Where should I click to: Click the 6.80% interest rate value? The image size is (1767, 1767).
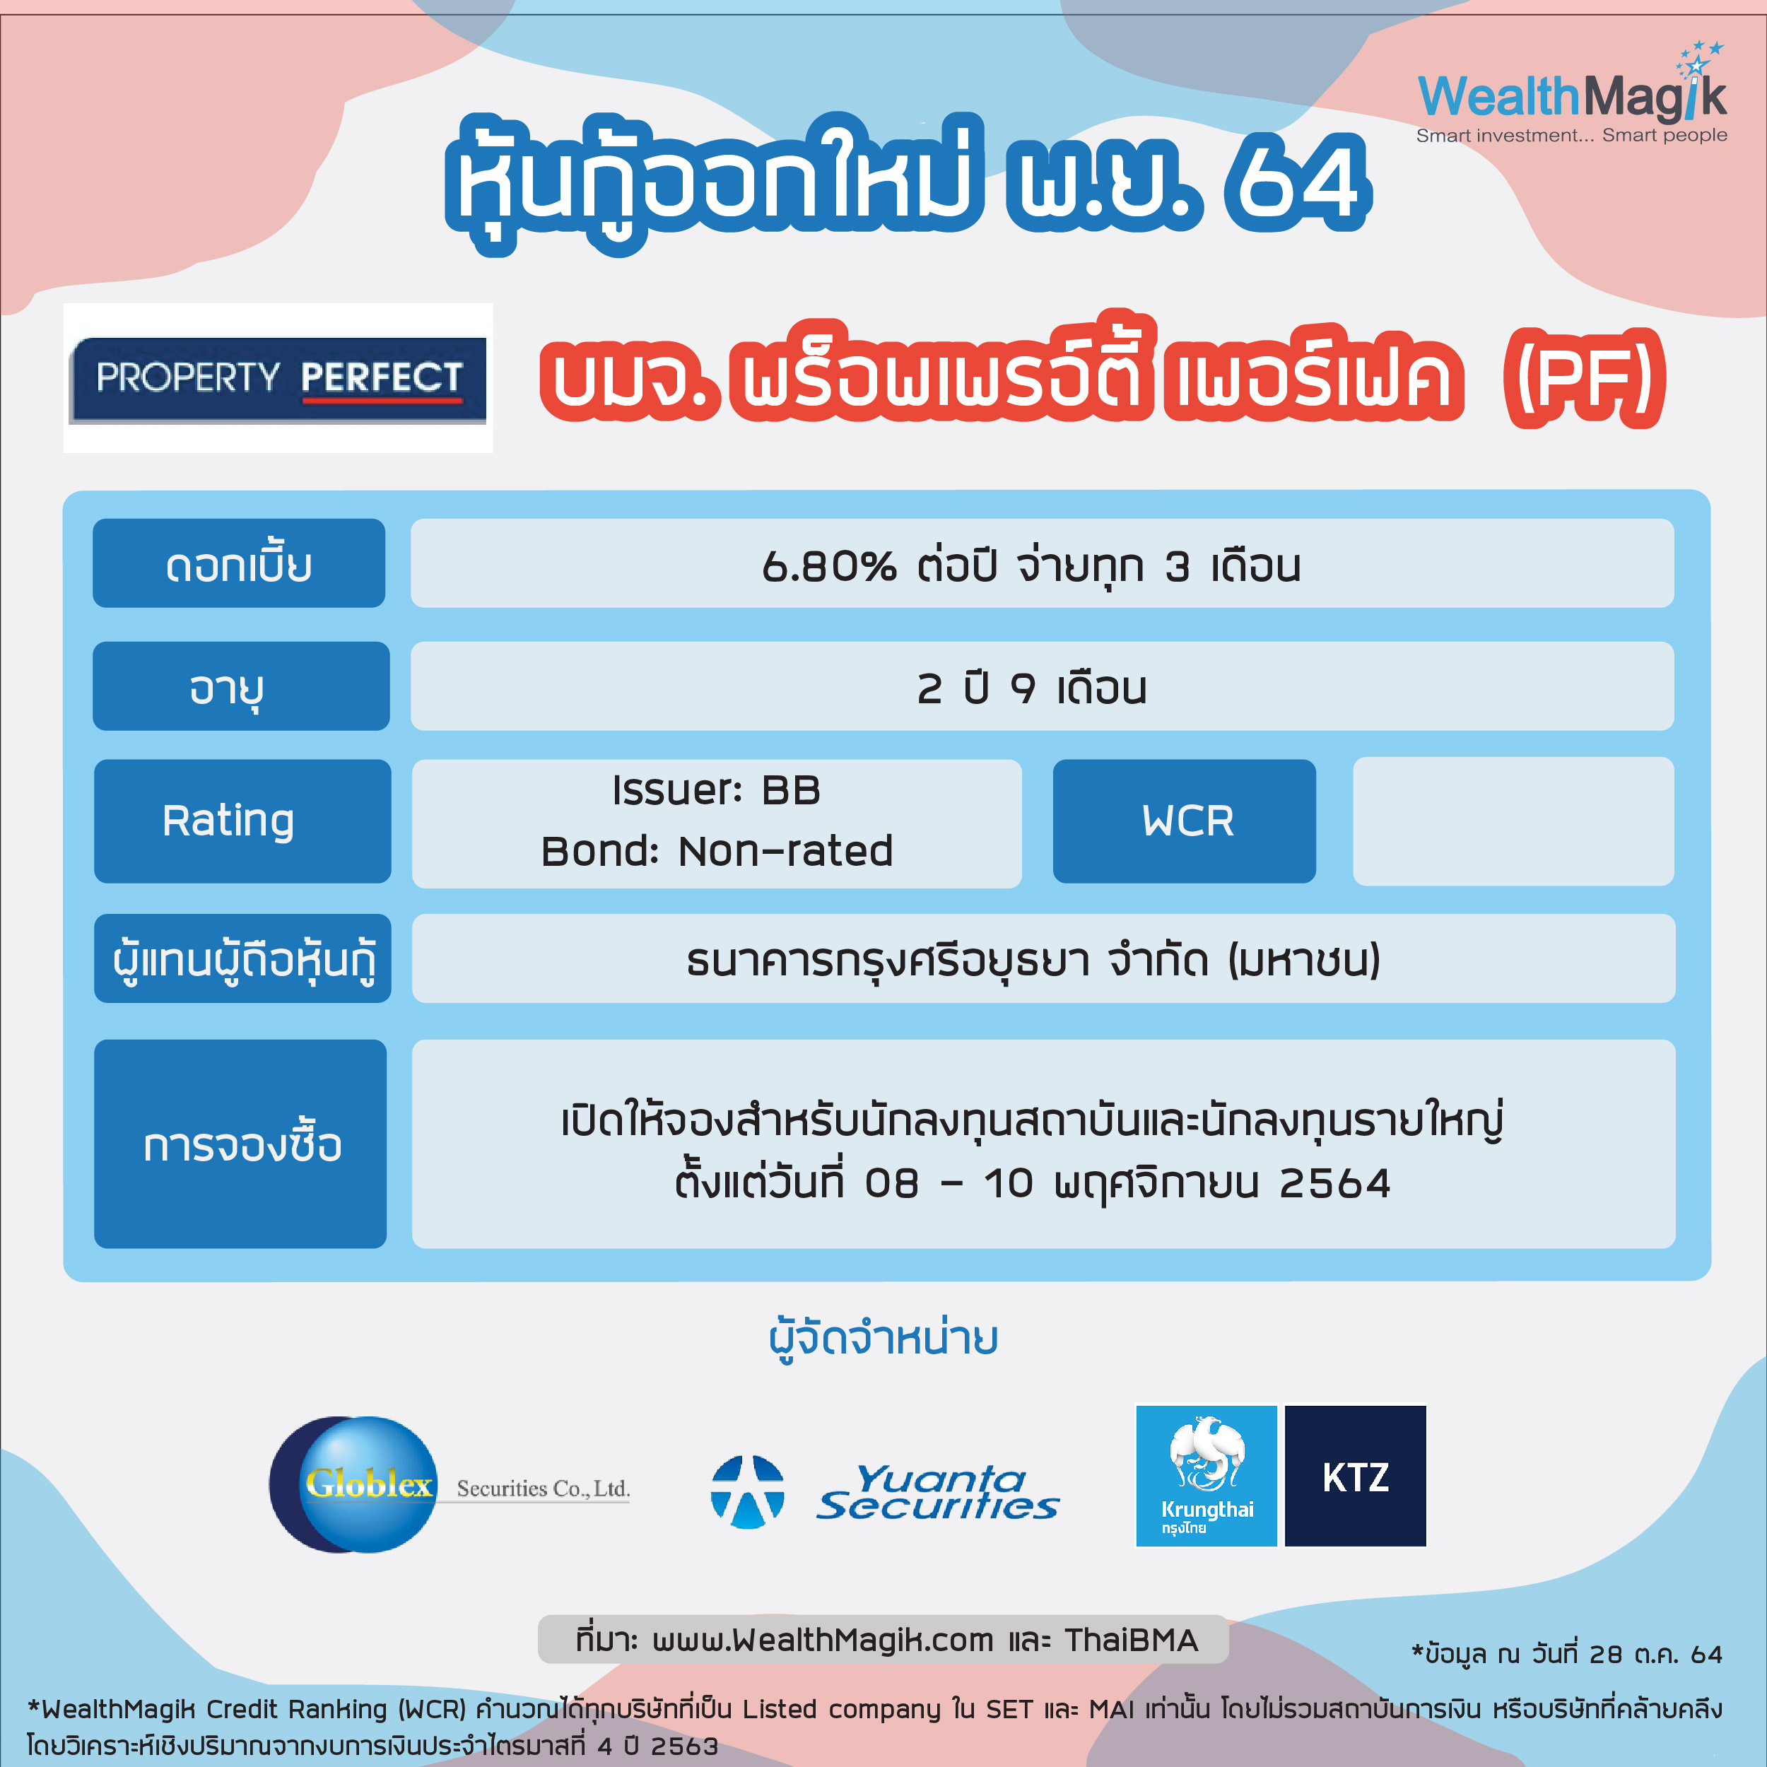point(828,566)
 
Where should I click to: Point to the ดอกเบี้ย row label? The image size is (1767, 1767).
point(239,563)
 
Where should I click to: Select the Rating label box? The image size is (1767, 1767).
point(242,821)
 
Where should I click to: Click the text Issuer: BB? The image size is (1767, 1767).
point(716,790)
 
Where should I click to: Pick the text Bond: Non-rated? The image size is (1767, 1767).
point(717,850)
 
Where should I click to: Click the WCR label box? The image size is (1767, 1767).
point(1185,821)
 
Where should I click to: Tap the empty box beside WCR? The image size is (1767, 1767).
point(1513,821)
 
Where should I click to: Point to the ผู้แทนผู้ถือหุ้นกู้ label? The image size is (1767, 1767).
point(242,958)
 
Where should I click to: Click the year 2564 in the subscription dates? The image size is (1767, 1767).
point(1334,1183)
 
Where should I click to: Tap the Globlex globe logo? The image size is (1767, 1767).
point(357,1484)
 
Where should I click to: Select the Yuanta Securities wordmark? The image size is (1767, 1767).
point(937,1493)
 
